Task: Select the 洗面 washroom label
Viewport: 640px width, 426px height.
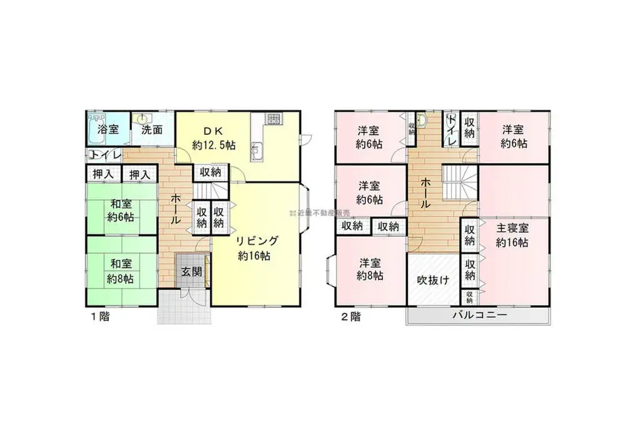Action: click(x=151, y=131)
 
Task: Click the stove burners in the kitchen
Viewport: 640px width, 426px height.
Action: click(x=273, y=118)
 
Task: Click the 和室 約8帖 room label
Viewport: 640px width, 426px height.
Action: click(x=121, y=272)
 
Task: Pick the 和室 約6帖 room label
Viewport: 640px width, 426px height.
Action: click(x=121, y=211)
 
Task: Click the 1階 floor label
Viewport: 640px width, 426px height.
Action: click(x=100, y=316)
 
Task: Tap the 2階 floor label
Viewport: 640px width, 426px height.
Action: click(x=350, y=316)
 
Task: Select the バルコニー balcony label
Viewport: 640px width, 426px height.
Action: click(x=479, y=315)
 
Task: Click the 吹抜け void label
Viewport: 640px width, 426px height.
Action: click(x=433, y=280)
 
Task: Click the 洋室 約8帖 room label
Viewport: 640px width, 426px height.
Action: click(x=371, y=269)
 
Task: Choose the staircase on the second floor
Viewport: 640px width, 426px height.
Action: click(x=460, y=182)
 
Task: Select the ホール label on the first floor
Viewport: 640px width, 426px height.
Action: click(x=177, y=209)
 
